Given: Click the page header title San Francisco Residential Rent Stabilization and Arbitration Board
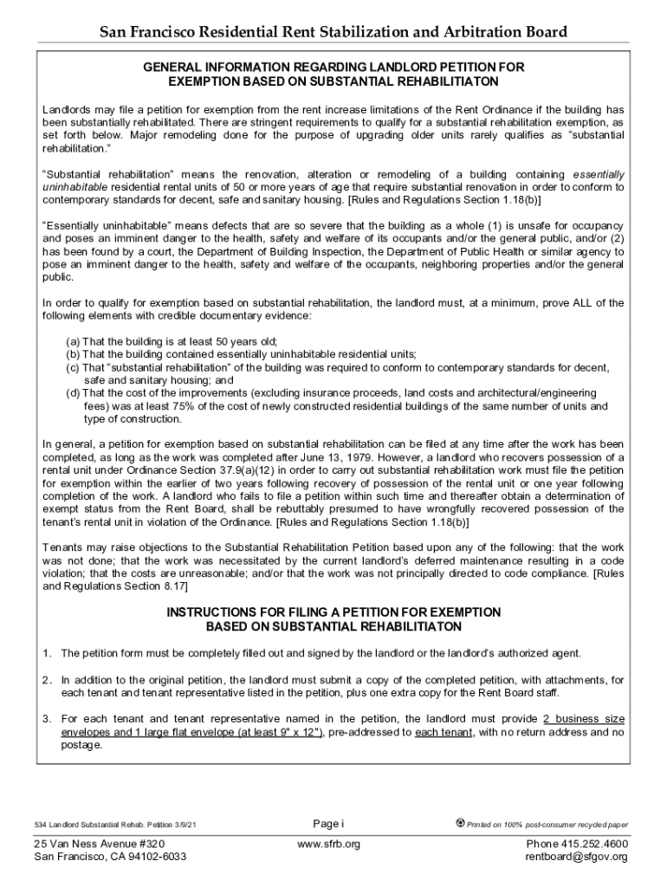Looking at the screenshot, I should tap(333, 33).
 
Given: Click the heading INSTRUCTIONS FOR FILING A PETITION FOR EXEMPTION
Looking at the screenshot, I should tap(333, 612).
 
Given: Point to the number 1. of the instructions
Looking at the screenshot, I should tap(49, 653).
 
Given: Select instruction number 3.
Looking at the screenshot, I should tap(49, 719).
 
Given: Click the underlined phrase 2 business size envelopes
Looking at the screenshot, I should tap(584, 719).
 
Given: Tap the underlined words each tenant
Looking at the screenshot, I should tap(444, 732).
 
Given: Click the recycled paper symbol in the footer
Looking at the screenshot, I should tap(460, 823).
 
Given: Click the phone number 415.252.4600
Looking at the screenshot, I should tap(597, 844).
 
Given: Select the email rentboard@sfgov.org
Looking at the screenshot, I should tap(576, 858).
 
